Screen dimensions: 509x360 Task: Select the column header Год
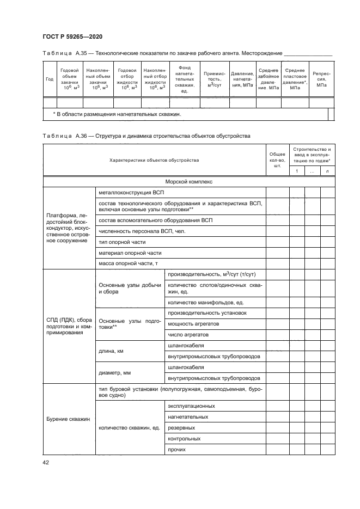tap(50, 79)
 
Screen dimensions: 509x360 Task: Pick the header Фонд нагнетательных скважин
tap(184, 79)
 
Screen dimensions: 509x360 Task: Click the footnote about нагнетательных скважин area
tap(117, 114)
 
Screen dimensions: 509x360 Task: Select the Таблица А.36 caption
tap(145, 136)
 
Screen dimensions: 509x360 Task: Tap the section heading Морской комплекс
tap(188, 182)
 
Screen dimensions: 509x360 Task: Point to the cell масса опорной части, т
tap(128, 263)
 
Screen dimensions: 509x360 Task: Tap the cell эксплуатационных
tap(191, 406)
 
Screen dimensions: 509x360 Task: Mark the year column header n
tap(327, 172)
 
